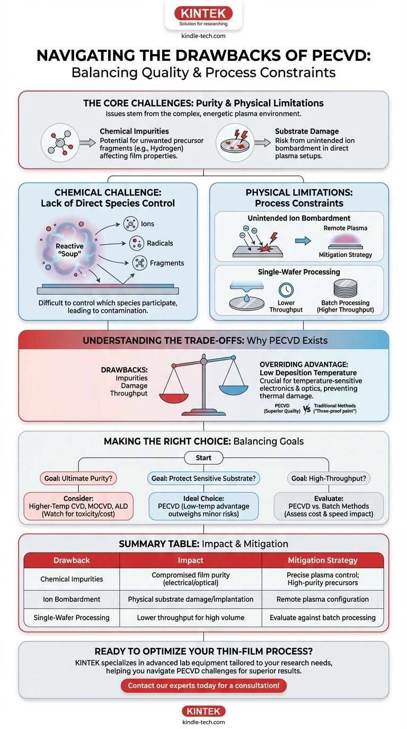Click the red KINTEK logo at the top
click(x=203, y=13)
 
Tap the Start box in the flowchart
click(x=203, y=458)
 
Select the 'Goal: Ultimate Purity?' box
click(x=78, y=478)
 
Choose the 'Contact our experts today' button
click(x=203, y=686)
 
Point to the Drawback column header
click(x=72, y=560)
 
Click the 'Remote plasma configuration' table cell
click(x=322, y=599)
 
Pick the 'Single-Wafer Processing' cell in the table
click(x=72, y=618)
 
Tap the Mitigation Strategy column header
click(x=322, y=560)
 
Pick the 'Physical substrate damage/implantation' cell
click(x=191, y=599)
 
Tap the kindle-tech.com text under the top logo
click(x=203, y=36)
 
